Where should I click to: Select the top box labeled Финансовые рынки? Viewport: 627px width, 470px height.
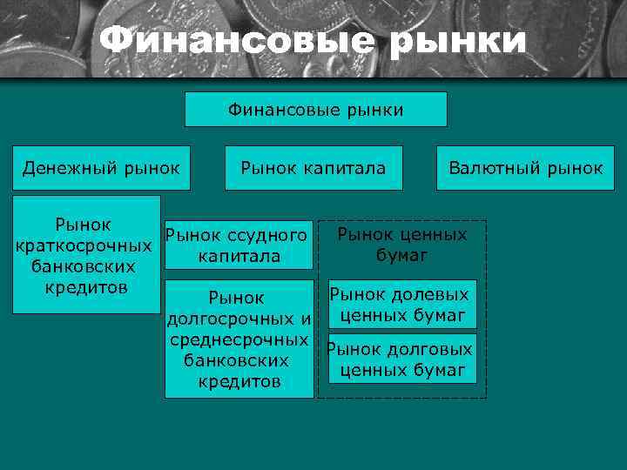click(x=315, y=110)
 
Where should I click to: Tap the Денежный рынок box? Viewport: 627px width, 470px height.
click(x=101, y=167)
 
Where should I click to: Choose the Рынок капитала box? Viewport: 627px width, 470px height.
click(x=313, y=167)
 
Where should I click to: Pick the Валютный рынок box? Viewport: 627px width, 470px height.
click(x=525, y=167)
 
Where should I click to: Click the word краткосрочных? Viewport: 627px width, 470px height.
click(x=84, y=245)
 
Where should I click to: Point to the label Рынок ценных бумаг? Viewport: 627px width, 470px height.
click(x=401, y=245)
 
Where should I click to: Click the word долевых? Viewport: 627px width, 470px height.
click(x=429, y=295)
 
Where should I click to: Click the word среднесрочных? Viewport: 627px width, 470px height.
click(x=239, y=339)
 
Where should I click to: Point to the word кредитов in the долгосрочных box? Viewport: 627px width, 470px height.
click(x=239, y=381)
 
